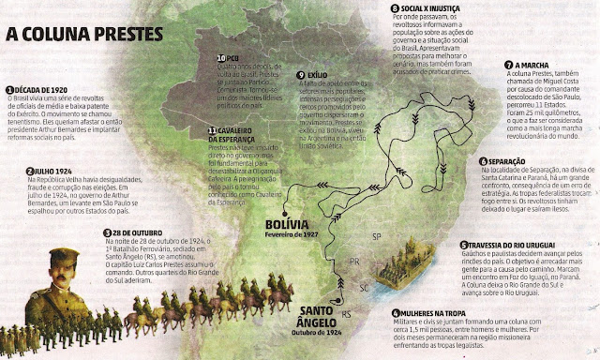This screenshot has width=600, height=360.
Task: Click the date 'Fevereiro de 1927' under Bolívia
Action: [266, 237]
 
